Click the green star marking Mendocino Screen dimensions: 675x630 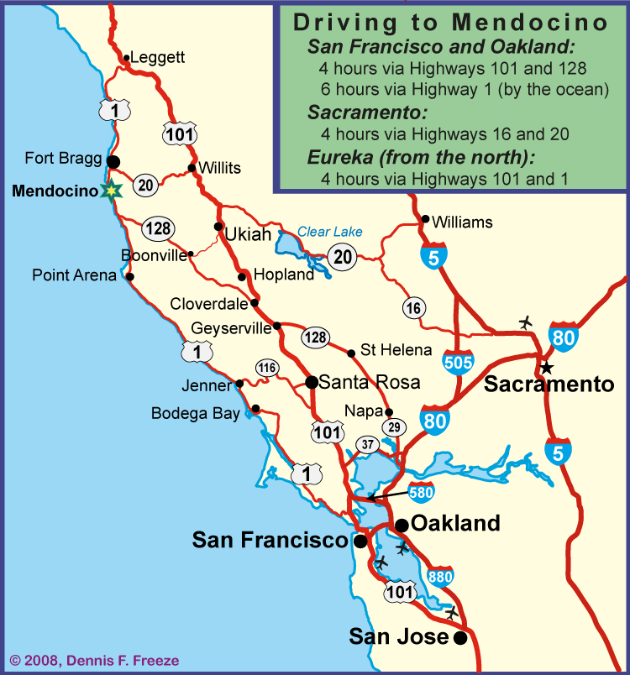pyautogui.click(x=109, y=191)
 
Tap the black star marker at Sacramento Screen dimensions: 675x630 pyautogui.click(x=546, y=367)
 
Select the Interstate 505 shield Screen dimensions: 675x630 pyautogui.click(x=458, y=361)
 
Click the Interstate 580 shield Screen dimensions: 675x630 pyautogui.click(x=422, y=491)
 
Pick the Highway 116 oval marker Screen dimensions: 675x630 pyautogui.click(x=267, y=368)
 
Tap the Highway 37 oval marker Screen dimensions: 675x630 pyautogui.click(x=368, y=444)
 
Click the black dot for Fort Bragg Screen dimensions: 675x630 pyautogui.click(x=113, y=160)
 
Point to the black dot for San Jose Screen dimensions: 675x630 pyautogui.click(x=459, y=639)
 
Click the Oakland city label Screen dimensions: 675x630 pyautogui.click(x=454, y=523)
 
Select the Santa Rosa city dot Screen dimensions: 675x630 pyautogui.click(x=312, y=382)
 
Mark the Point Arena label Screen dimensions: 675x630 pyautogui.click(x=74, y=275)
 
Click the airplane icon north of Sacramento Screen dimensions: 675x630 pyautogui.click(x=527, y=322)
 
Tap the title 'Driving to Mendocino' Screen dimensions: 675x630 pyautogui.click(x=451, y=22)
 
